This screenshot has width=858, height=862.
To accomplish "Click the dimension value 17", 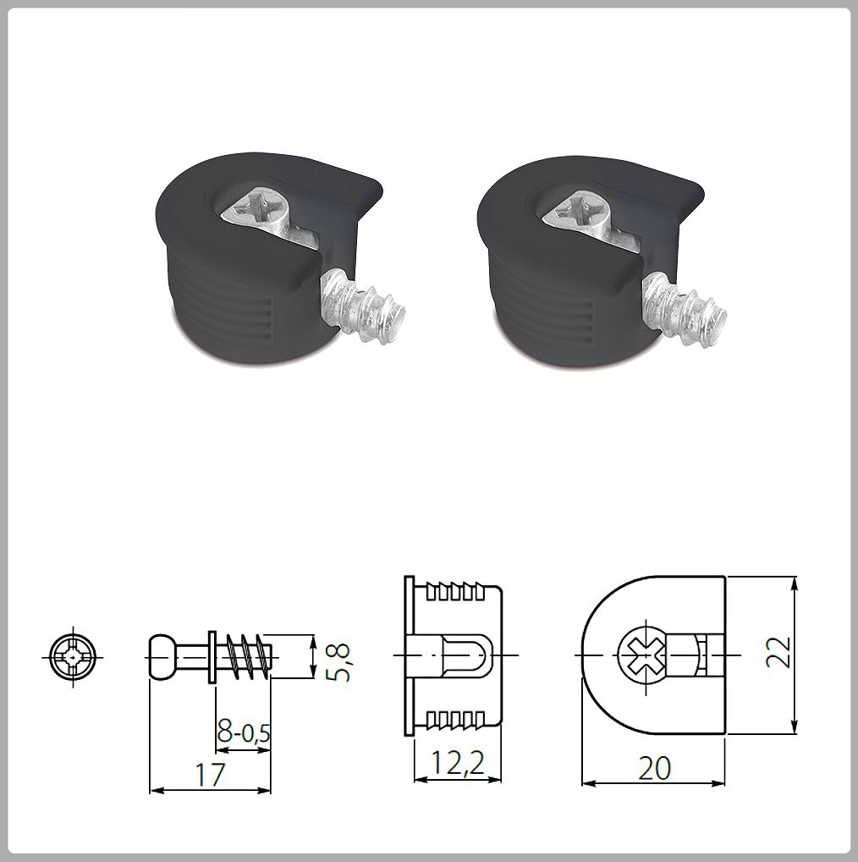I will point(210,774).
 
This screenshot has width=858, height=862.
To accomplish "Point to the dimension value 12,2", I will point(456,765).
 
